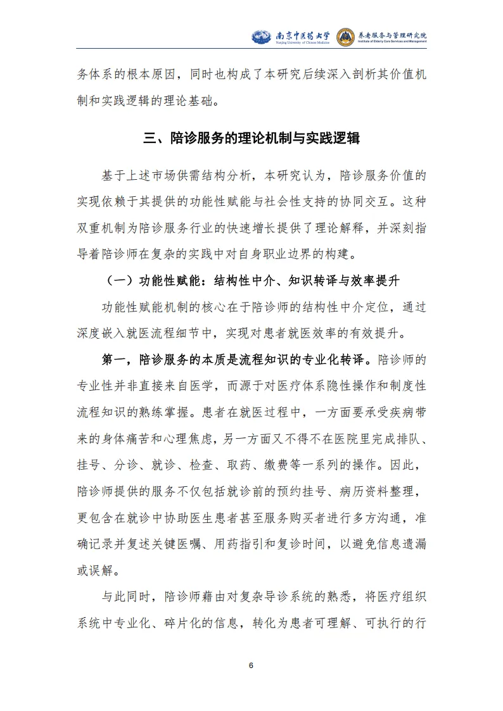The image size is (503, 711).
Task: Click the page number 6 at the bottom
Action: coord(251,666)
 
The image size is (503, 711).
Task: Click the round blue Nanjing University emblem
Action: coord(261,36)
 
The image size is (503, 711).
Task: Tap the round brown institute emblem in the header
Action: coord(346,36)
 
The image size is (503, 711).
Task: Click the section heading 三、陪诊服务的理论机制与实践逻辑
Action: coord(251,139)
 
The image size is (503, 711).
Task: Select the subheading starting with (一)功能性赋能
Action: coord(251,279)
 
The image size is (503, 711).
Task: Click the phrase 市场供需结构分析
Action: coord(203,174)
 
